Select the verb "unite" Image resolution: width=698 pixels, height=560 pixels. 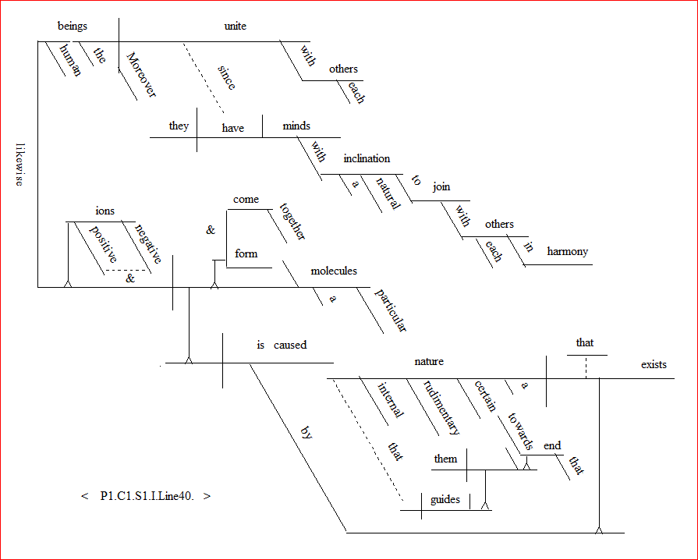pos(235,26)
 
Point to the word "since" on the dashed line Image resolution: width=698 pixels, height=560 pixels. pos(228,78)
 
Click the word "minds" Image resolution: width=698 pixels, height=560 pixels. pos(296,126)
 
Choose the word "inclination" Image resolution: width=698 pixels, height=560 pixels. pos(367,158)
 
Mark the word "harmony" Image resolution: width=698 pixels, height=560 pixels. pos(567,251)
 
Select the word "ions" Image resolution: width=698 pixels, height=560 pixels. pos(105,211)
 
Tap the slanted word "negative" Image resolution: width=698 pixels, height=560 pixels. pos(148,243)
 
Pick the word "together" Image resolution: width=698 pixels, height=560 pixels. pos(293,222)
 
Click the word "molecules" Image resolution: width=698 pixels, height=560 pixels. pos(334,271)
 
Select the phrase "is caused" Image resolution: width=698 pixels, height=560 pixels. pos(282,345)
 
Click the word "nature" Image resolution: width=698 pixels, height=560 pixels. pos(429,361)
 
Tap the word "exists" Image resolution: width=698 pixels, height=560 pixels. pos(654,364)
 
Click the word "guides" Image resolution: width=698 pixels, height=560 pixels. pos(446,499)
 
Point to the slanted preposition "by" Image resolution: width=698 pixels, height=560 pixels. pos(306,435)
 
